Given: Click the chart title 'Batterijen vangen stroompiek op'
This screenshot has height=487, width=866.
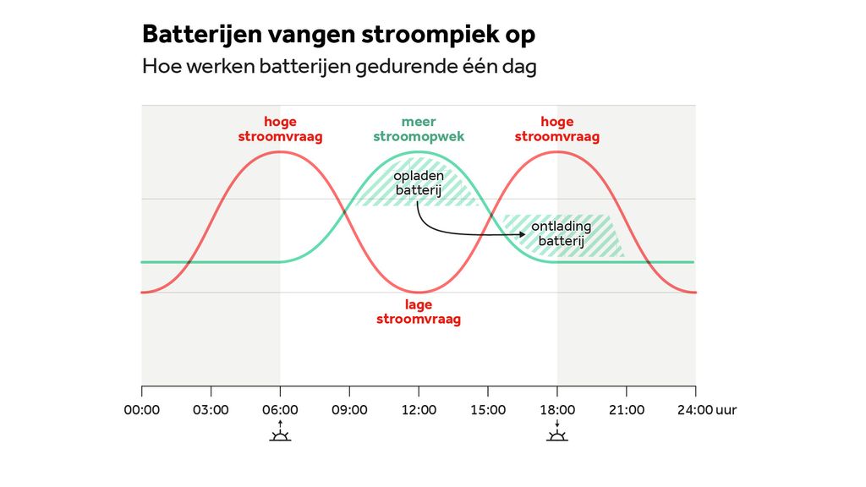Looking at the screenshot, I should (x=338, y=35).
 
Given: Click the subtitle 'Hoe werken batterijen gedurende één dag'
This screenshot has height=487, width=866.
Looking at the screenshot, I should (x=339, y=67).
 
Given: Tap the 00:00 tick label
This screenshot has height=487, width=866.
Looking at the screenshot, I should (x=141, y=410).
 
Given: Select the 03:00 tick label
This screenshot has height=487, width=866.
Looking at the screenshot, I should (x=211, y=410).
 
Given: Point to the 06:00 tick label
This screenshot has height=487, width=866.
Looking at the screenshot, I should (x=280, y=410).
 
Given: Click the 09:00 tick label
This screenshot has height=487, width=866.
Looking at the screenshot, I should (x=349, y=410).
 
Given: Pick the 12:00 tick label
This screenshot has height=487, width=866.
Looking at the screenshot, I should (x=419, y=410).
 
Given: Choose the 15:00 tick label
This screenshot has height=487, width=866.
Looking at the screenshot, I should (x=488, y=410).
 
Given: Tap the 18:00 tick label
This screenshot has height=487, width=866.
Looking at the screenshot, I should (x=557, y=410).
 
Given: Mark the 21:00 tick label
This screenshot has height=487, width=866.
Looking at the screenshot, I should (x=627, y=410).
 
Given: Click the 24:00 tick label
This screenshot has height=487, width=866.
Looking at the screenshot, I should (x=694, y=410).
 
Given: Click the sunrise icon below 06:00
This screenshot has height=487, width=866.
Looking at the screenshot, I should (x=280, y=435).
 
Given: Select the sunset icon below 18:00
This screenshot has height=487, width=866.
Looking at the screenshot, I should (x=557, y=435).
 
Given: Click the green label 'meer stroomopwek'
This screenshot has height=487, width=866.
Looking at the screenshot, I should (x=419, y=129).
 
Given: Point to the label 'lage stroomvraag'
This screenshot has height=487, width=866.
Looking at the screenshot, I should (x=419, y=313).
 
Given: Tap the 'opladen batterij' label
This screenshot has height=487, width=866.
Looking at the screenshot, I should (x=419, y=183).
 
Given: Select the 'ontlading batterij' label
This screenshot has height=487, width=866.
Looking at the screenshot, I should (x=562, y=234).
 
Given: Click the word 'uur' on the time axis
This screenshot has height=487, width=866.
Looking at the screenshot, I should (x=726, y=410).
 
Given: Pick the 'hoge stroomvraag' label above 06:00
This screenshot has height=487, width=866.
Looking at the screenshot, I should (x=280, y=129).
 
